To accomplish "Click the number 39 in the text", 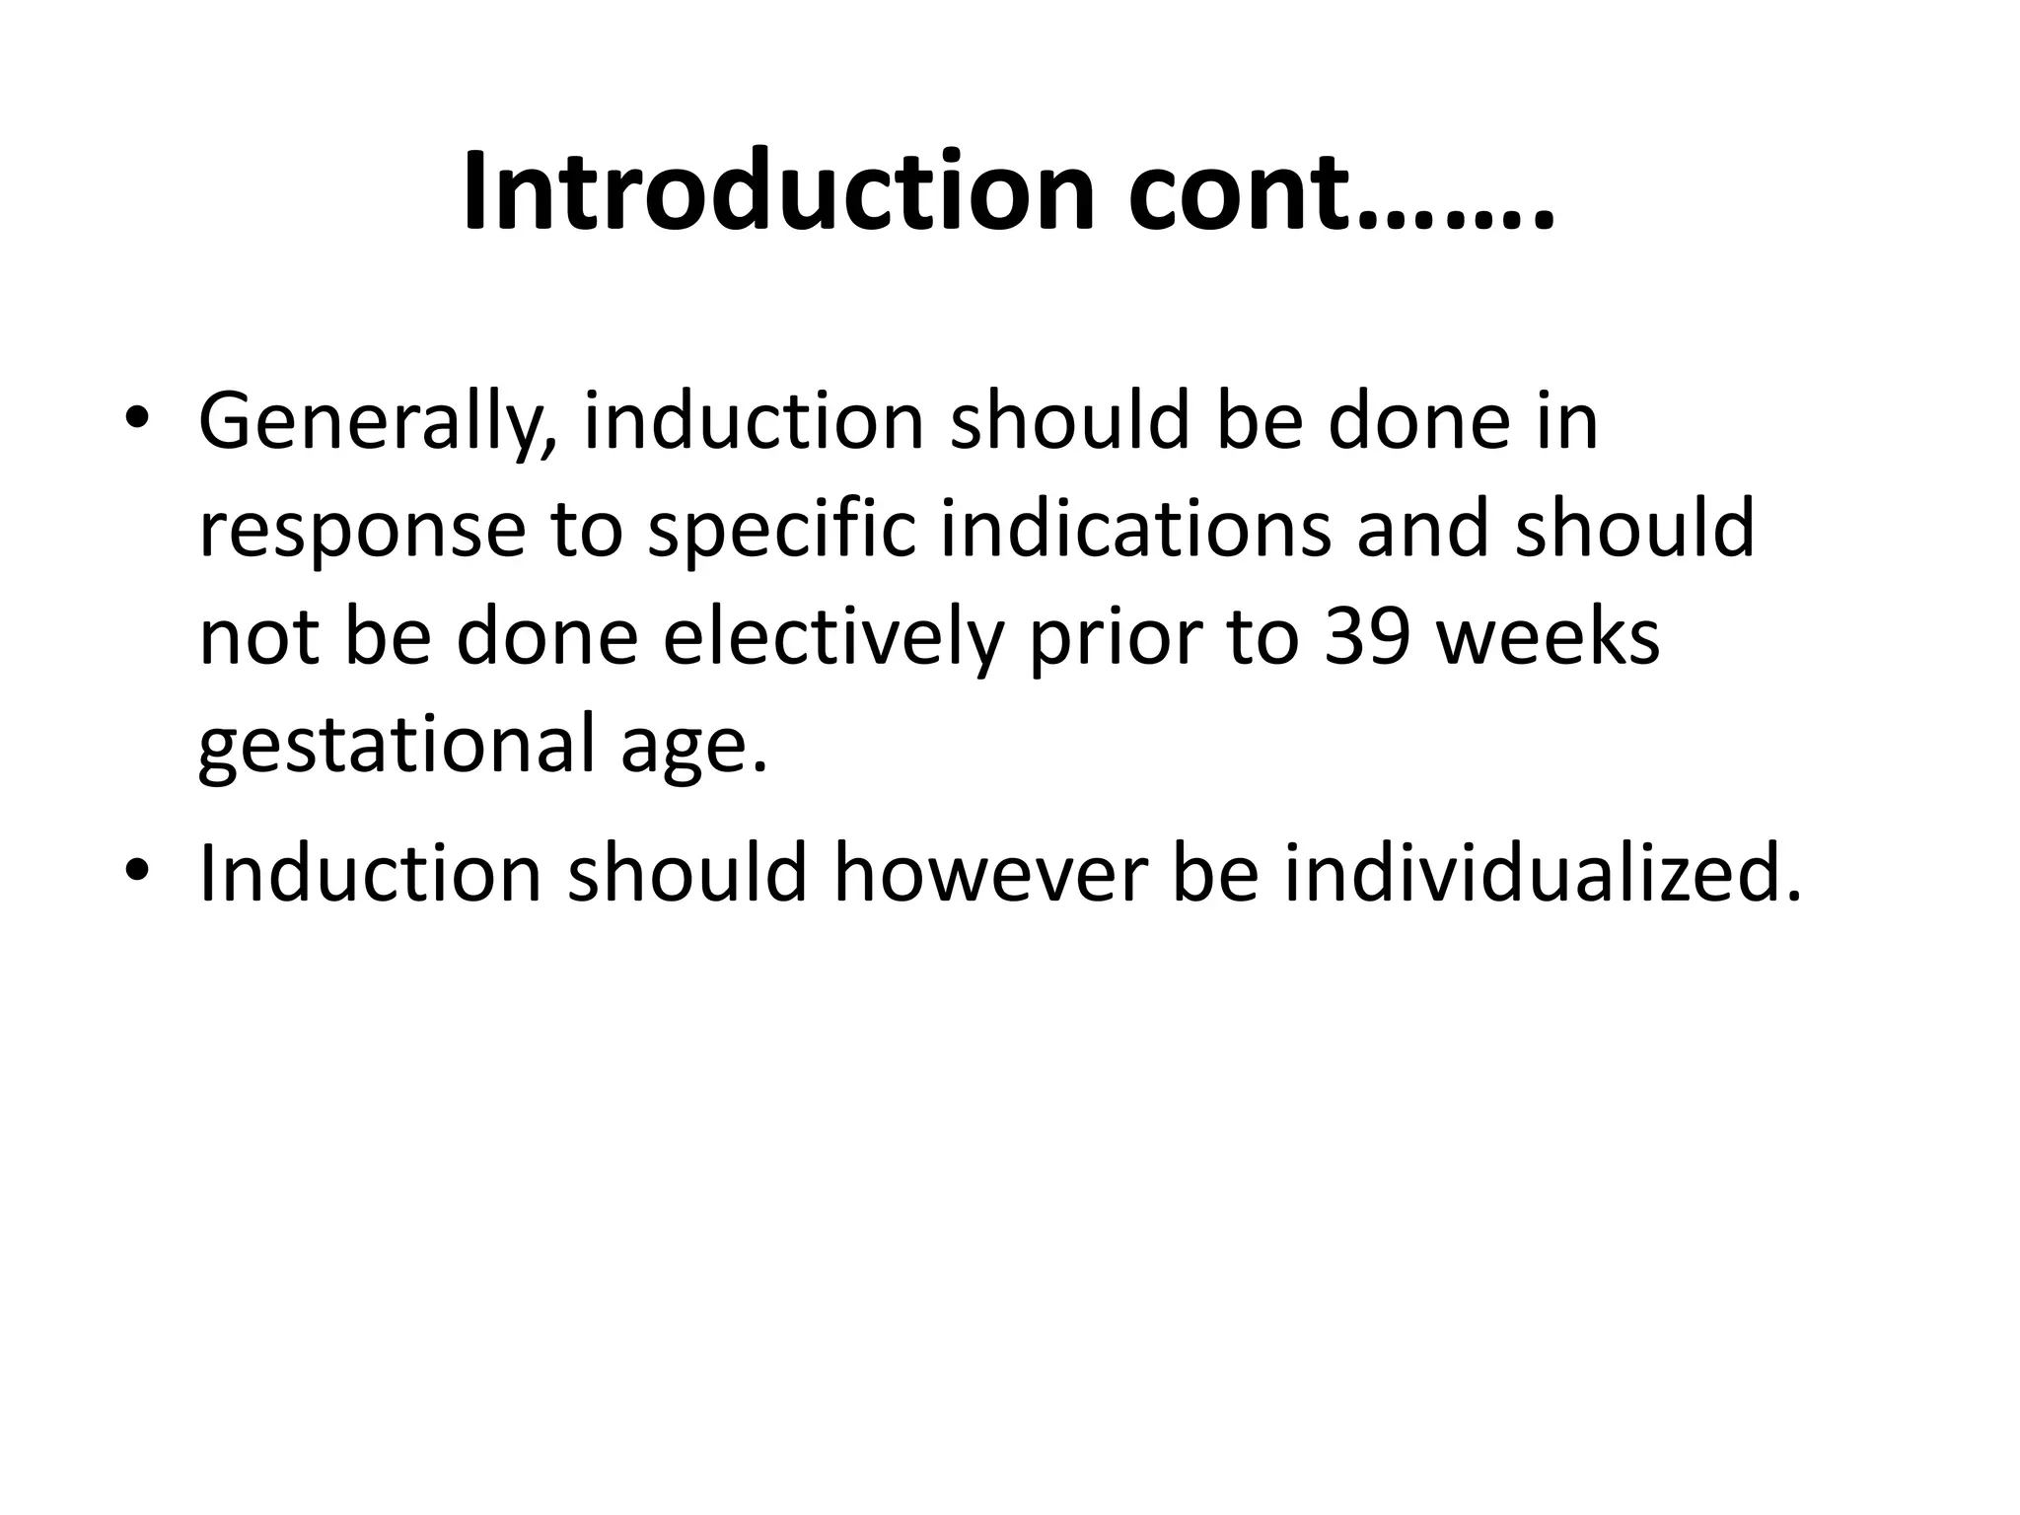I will click(x=1368, y=637).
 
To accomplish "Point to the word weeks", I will click(x=1548, y=637).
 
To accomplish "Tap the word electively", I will click(x=832, y=637).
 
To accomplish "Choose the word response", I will click(x=362, y=530).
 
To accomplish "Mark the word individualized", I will click(x=1542, y=873).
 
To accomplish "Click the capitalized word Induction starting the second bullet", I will click(x=370, y=873).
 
